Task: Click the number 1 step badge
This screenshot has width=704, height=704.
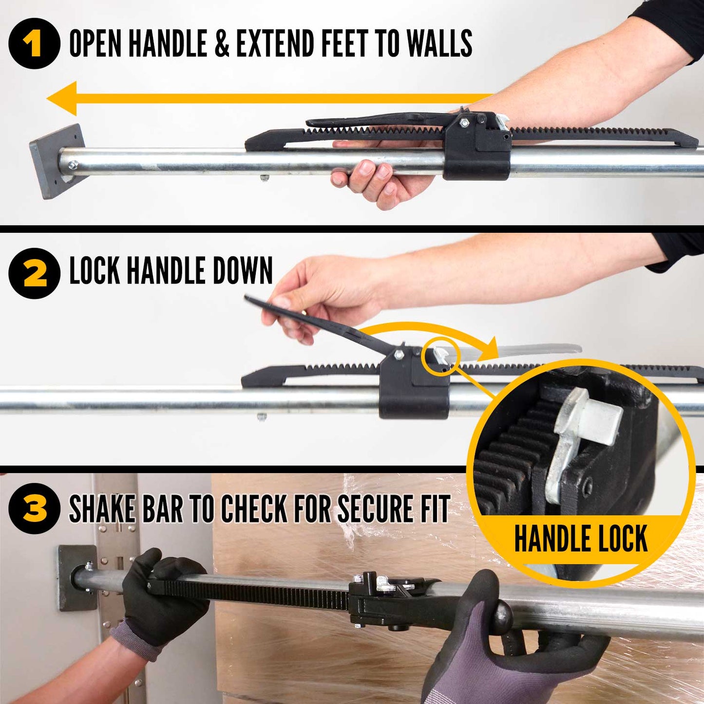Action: pos(34,43)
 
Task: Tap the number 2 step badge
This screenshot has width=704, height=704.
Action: pos(34,273)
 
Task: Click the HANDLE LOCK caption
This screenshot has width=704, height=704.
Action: pos(581,538)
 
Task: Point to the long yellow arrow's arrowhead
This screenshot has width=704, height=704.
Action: pos(62,98)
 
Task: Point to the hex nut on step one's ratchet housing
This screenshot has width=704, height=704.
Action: pos(464,123)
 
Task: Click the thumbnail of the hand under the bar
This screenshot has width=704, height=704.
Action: pos(366,169)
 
